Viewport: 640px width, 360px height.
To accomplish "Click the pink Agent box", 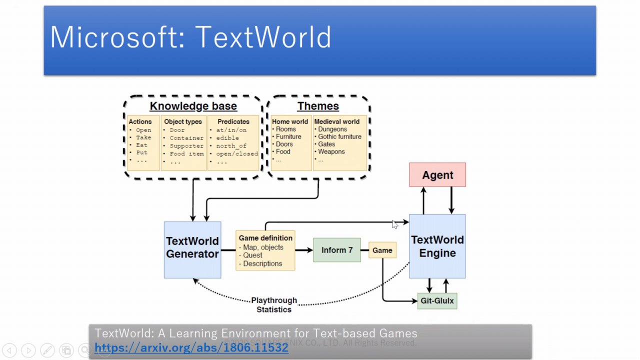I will [437, 175].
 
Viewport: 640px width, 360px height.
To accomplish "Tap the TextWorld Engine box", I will [437, 246].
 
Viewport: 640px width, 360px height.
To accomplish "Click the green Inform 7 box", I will [337, 250].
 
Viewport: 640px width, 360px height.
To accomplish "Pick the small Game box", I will [382, 250].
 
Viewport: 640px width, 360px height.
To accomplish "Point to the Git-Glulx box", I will [437, 300].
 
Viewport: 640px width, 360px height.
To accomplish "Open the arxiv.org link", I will [191, 347].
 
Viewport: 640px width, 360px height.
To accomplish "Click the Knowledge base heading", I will [193, 106].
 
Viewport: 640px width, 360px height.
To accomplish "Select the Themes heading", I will [318, 106].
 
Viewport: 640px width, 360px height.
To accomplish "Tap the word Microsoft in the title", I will [117, 37].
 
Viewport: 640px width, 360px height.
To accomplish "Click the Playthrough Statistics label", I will [274, 305].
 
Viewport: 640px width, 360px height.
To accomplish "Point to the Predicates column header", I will [233, 121].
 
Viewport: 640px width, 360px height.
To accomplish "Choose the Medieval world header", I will [337, 121].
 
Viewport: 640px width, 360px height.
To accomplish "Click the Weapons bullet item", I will [331, 151].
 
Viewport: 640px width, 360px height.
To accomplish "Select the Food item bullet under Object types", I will [186, 154].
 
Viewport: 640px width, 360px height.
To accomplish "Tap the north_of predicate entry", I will [231, 146].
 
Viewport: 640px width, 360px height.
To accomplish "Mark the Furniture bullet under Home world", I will [288, 136].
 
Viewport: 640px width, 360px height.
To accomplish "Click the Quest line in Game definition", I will [252, 255].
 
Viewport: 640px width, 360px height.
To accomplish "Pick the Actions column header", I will [140, 121].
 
